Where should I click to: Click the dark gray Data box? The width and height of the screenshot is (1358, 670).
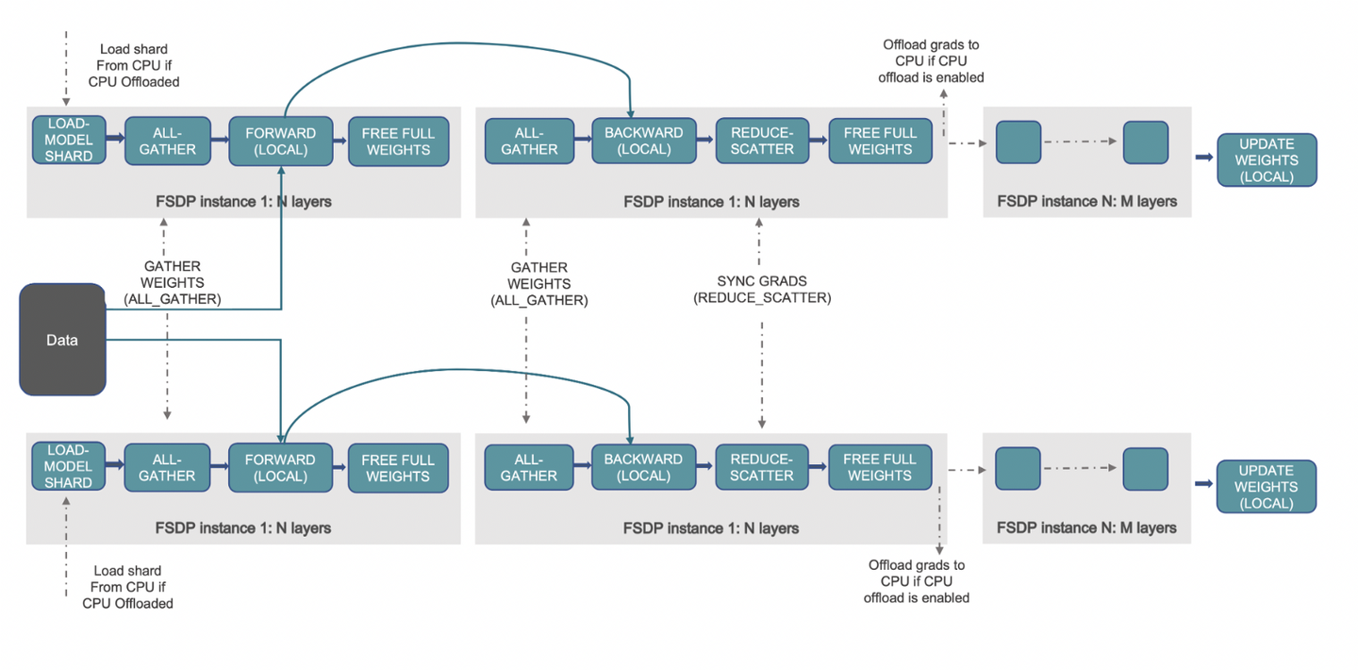[x=62, y=340]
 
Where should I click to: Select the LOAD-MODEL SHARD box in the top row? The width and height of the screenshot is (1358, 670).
[x=69, y=141]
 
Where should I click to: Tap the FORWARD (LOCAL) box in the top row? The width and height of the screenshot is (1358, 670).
[x=280, y=142]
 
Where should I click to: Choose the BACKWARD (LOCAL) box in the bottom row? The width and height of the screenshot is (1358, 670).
[x=643, y=467]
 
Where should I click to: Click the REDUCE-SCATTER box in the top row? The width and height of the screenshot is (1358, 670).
[x=761, y=142]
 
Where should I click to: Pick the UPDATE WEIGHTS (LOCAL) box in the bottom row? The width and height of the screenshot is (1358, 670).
[x=1266, y=487]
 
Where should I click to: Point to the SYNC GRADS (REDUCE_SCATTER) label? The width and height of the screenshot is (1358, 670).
[x=762, y=290]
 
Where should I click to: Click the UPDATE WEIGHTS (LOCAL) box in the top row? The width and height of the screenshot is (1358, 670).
[x=1266, y=160]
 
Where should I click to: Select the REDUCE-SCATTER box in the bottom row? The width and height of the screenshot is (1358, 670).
[x=761, y=467]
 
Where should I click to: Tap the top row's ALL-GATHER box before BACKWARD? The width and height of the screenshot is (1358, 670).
[x=529, y=142]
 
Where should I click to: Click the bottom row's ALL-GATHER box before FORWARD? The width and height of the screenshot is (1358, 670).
[x=167, y=468]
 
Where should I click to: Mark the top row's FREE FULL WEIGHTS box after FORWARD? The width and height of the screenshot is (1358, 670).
[x=398, y=142]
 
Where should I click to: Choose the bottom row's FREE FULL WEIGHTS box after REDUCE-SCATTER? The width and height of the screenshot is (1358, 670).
[x=879, y=467]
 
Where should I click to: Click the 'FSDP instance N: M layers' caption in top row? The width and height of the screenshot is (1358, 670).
[x=1086, y=202]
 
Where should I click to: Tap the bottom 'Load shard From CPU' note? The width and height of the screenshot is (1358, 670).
[x=127, y=587]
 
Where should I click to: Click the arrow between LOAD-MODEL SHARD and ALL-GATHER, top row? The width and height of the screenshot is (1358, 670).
[x=115, y=139]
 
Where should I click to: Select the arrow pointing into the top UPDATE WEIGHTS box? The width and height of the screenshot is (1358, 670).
[x=1204, y=157]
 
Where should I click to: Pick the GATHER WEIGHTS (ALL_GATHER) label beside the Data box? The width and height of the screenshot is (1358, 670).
[x=173, y=283]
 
